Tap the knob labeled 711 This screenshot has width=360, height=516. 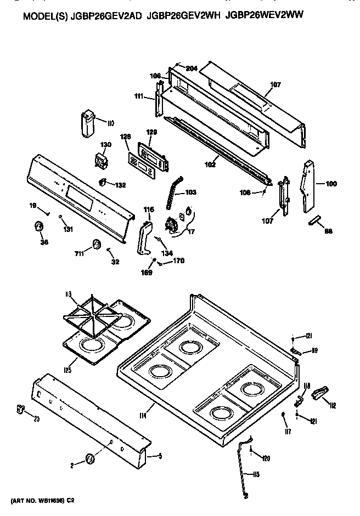(97, 244)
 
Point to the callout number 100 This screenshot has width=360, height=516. (331, 184)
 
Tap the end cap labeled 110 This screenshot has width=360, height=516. (88, 124)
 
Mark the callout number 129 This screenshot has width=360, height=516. (151, 132)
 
